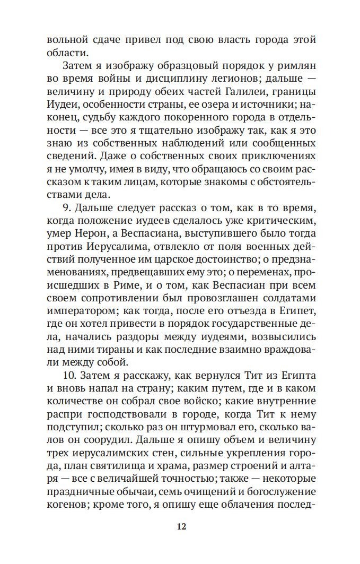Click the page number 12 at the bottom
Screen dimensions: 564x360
(180, 526)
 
